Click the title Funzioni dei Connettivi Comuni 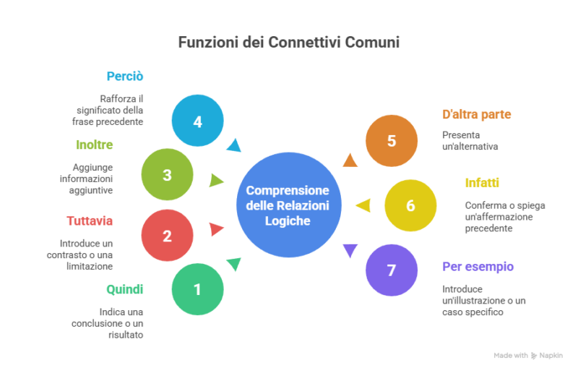(289, 43)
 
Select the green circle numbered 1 (197, 290)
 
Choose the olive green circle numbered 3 (167, 175)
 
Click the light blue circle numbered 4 (197, 121)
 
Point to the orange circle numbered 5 (392, 141)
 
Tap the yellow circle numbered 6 (410, 205)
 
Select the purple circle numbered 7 (392, 270)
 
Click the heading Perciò (125, 76)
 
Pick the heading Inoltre (95, 145)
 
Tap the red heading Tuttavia (90, 220)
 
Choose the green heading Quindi (125, 289)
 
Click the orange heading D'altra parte (477, 114)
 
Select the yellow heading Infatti (482, 182)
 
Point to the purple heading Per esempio (478, 266)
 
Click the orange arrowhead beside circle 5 (350, 160)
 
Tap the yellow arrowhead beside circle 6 (363, 205)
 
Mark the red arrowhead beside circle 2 (215, 229)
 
